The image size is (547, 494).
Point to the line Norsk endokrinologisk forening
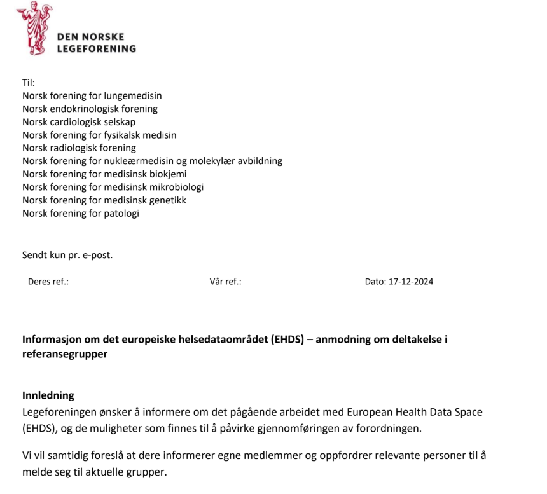pos(90,109)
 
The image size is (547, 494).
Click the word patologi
pos(121,213)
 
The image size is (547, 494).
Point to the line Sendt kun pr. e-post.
pos(67,256)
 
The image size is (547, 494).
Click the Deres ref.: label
pos(48,282)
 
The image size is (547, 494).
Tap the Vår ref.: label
pos(225,282)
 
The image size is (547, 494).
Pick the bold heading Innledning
pos(48,395)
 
